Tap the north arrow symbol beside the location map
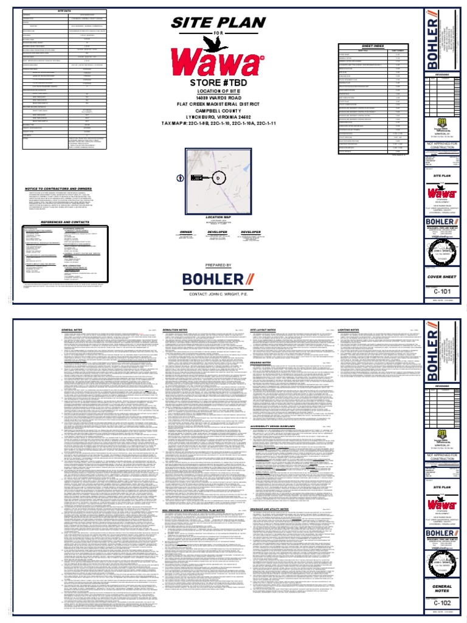click(x=180, y=178)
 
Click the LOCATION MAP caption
click(x=218, y=217)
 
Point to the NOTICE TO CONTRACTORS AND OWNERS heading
click(x=61, y=189)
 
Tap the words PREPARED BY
click(x=218, y=265)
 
